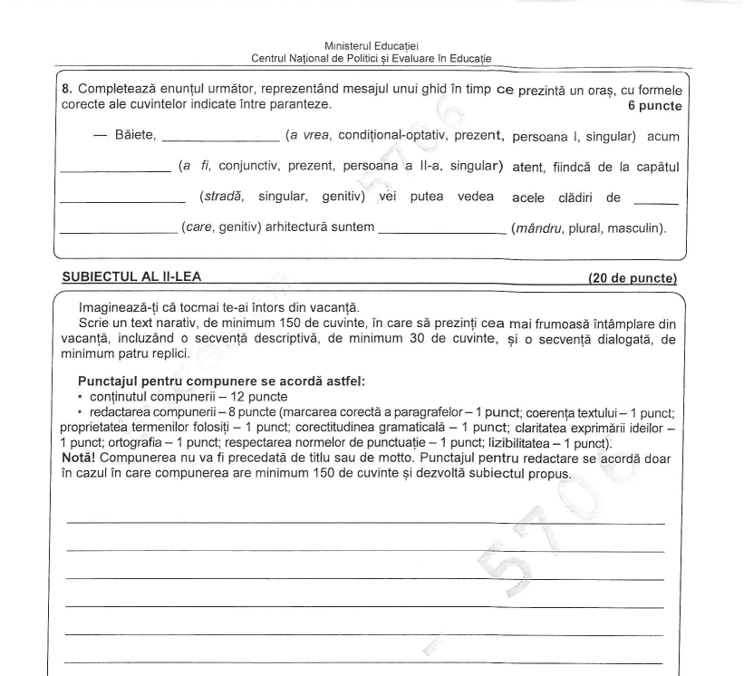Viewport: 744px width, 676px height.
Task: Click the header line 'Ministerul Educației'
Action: pos(372,45)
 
